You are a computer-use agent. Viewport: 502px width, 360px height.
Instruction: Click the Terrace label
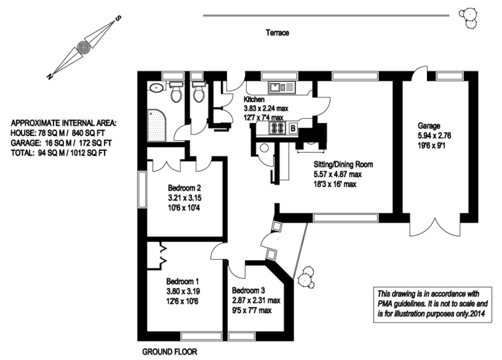277,33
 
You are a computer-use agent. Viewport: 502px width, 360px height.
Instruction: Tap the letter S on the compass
118,18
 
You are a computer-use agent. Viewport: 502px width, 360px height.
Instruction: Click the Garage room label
429,126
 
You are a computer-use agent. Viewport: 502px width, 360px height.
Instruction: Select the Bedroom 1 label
182,281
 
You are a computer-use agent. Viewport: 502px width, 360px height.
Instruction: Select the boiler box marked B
293,128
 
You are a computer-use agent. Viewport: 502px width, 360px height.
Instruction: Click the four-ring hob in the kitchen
277,128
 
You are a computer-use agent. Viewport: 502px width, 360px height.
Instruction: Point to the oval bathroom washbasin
156,88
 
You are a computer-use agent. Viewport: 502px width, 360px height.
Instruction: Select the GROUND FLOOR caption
169,352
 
